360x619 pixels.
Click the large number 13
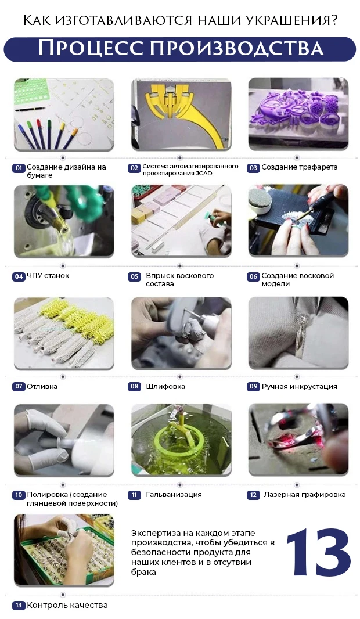(x=318, y=552)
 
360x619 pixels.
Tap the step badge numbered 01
(x=19, y=168)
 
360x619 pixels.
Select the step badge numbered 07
(x=19, y=387)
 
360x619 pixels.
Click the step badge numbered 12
(x=253, y=495)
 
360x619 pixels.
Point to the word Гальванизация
(x=174, y=494)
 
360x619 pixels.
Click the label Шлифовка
(x=165, y=387)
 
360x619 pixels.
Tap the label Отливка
(x=42, y=387)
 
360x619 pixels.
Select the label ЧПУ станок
(x=48, y=276)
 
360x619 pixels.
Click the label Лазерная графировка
(x=304, y=495)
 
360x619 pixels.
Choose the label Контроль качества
(x=67, y=605)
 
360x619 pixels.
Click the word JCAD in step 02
(x=204, y=173)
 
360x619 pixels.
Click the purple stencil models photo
(x=298, y=114)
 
